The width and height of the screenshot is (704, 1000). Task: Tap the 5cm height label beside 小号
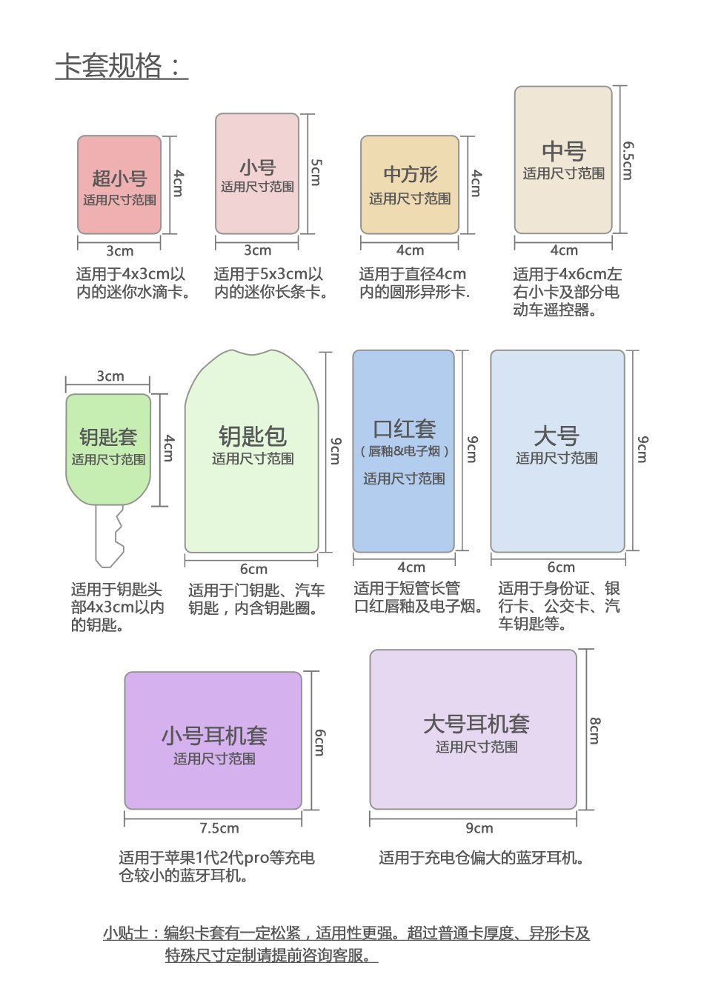pyautogui.click(x=316, y=172)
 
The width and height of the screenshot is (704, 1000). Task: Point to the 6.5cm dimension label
pyautogui.click(x=628, y=161)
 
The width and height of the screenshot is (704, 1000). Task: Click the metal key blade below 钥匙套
pyautogui.click(x=110, y=535)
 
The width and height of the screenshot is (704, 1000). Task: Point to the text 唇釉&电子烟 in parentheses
pyautogui.click(x=404, y=451)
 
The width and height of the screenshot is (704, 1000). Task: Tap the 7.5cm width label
pyautogui.click(x=219, y=828)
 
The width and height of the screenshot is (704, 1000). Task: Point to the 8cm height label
pyautogui.click(x=595, y=730)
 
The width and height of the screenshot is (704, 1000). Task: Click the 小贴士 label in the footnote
pyautogui.click(x=127, y=933)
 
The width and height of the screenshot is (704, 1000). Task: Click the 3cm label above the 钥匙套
pyautogui.click(x=110, y=376)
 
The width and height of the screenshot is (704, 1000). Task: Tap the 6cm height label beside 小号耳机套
pyautogui.click(x=319, y=742)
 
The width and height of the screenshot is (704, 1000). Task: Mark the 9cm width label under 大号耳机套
pyautogui.click(x=479, y=828)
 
